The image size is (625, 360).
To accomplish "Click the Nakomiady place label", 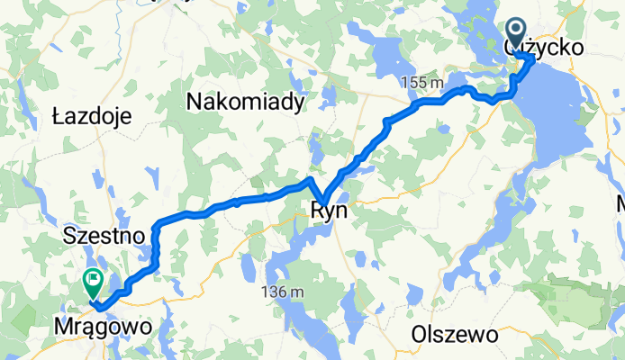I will [x=245, y=103].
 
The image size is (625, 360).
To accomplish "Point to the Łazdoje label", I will [x=93, y=116].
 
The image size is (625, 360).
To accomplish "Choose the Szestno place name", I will [x=104, y=237].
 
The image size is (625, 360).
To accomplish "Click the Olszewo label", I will [x=455, y=334].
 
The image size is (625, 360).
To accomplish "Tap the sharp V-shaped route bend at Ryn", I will [x=323, y=203].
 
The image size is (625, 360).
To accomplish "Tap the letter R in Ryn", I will [x=315, y=211].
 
